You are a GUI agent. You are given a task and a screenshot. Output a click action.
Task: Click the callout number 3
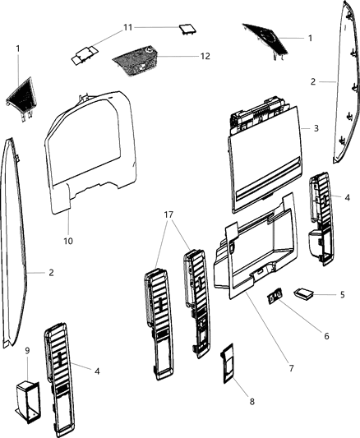316,129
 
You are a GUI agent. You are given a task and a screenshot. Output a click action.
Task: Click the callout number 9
28,350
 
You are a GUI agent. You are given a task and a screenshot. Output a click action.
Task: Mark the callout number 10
68,241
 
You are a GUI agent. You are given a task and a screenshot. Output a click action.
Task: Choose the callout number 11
127,27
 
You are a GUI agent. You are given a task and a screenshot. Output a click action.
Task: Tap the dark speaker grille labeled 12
136,59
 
